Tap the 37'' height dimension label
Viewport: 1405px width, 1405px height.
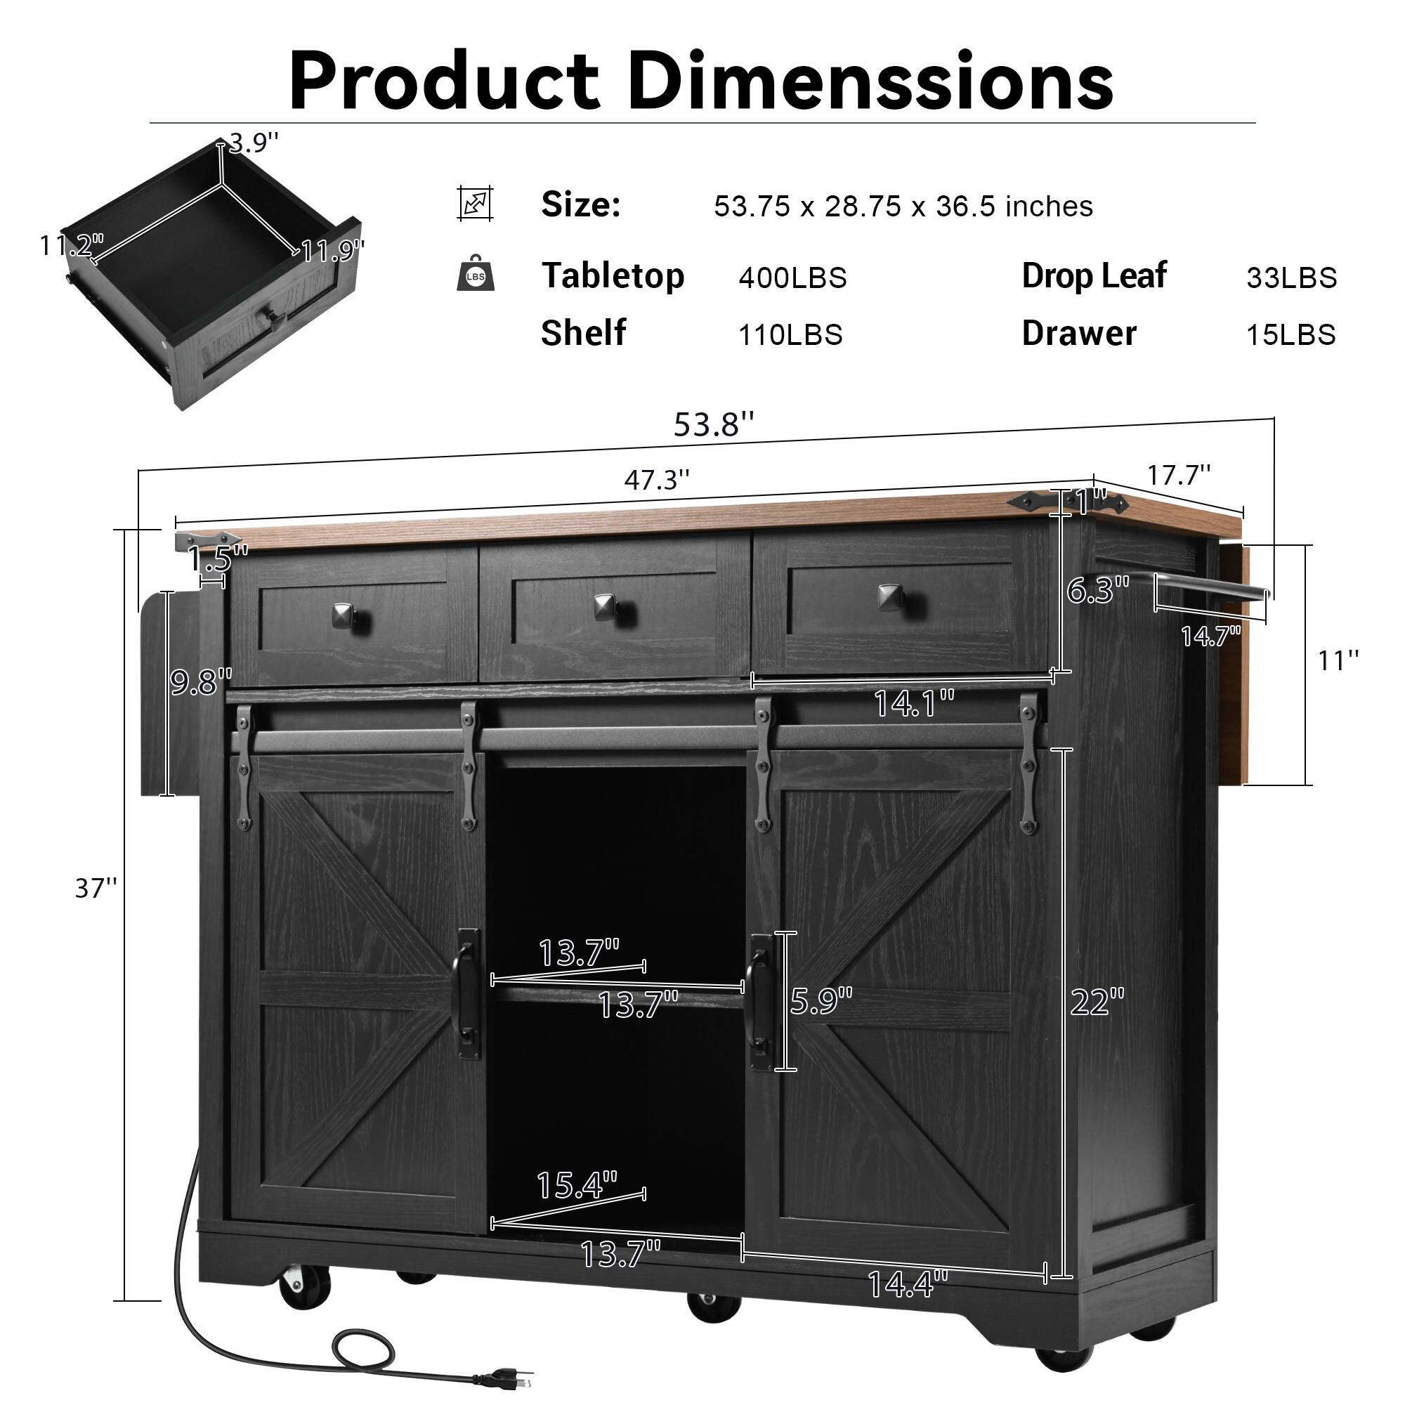pos(96,888)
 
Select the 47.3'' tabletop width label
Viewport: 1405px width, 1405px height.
pos(657,480)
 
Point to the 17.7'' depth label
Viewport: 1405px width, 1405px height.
pos(1179,476)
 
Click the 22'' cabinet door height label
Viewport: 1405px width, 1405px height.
pos(1097,1002)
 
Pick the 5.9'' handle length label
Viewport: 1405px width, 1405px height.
pos(821,1001)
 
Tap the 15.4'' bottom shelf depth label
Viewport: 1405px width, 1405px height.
pos(577,1184)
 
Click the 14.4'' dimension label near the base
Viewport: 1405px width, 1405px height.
pos(908,1284)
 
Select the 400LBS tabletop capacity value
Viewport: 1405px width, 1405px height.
pos(792,278)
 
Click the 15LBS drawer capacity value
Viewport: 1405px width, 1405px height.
pos(1290,335)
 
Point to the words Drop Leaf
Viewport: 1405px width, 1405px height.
pos(1094,276)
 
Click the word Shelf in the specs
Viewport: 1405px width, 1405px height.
pos(583,334)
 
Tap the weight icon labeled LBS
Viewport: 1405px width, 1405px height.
pos(476,274)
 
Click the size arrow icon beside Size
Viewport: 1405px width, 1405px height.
pos(476,204)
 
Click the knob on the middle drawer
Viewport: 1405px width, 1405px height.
pos(605,606)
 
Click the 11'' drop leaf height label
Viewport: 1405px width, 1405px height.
pos(1338,661)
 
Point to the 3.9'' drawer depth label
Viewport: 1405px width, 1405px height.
pos(253,143)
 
